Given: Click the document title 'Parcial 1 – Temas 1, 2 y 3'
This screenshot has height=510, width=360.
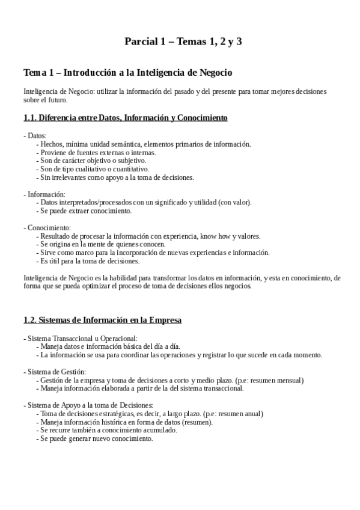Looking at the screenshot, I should tap(183, 41).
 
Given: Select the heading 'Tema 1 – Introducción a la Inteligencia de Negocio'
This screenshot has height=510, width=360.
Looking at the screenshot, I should tap(127, 73).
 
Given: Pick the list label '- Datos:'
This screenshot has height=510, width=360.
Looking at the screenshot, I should tap(34, 136).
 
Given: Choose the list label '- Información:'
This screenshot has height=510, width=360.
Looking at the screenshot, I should tap(44, 194).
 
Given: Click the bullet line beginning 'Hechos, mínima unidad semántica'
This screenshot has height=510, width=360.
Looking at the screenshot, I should tap(143, 144).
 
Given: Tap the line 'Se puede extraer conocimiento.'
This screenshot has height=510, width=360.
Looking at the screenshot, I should tap(85, 211).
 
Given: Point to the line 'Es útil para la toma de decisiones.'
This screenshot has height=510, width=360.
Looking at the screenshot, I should tap(89, 261).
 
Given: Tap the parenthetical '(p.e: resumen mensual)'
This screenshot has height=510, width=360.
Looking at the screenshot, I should tap(269, 380).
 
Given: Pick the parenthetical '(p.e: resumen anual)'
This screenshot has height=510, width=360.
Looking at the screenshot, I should tap(233, 414).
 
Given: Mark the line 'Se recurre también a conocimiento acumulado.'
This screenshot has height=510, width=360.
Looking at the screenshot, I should tap(108, 431).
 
